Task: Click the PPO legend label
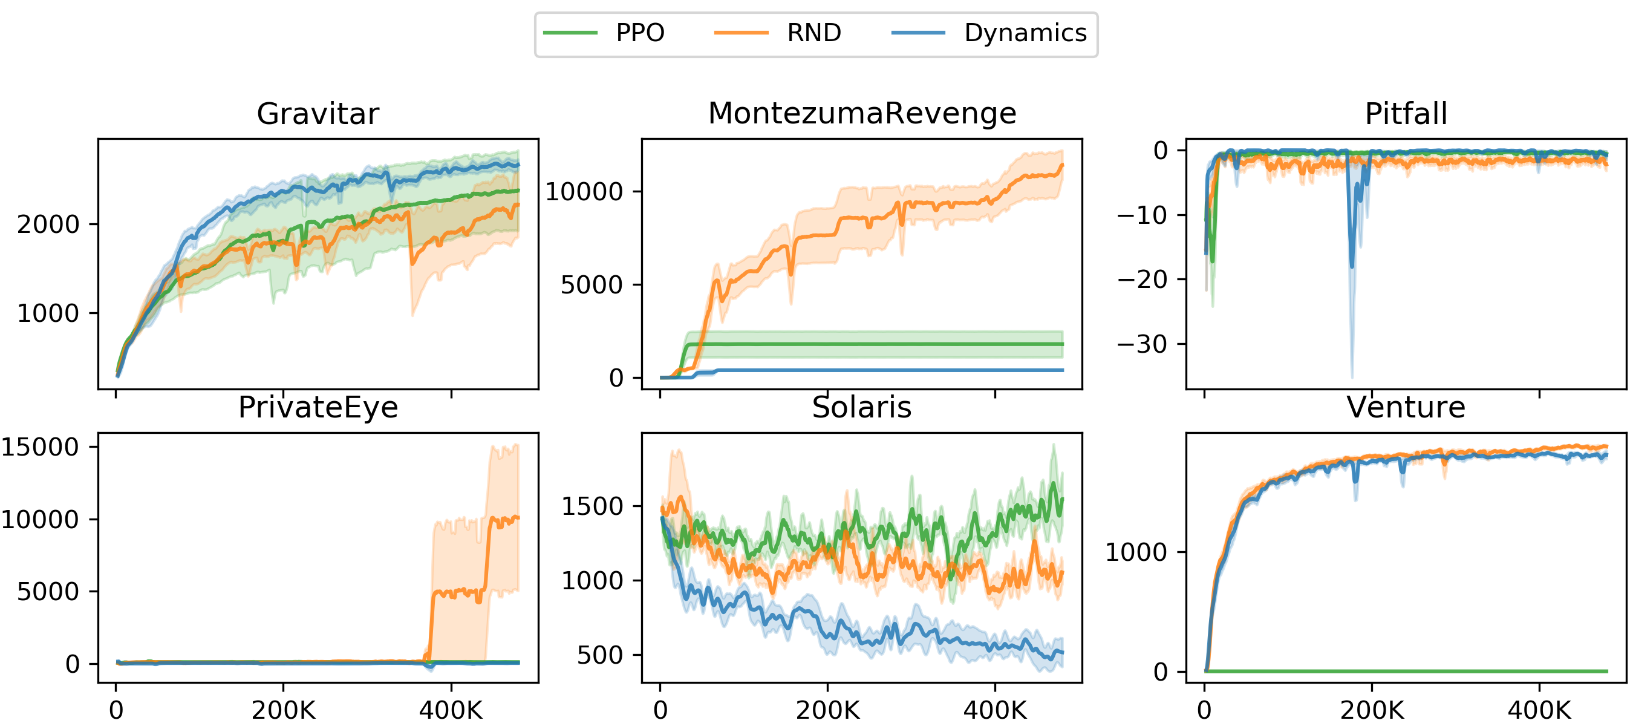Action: [640, 33]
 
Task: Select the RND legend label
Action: [813, 33]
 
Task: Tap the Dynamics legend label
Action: [1025, 33]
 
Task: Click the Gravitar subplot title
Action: [318, 114]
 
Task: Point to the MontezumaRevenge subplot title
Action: [861, 114]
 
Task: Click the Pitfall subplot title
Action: [1406, 114]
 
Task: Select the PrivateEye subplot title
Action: [318, 408]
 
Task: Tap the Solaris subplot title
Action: [861, 408]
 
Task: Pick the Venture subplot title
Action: [1406, 408]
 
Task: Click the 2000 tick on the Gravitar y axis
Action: [48, 224]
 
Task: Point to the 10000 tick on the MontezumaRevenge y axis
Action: [584, 192]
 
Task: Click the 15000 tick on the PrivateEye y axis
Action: [39, 447]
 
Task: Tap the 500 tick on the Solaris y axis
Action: [600, 655]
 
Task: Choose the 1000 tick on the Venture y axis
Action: [1135, 552]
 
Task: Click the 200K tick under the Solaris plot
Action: [827, 710]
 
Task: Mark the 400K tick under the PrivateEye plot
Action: [451, 710]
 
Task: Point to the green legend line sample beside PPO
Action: [570, 33]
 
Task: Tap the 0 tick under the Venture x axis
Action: [1204, 710]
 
